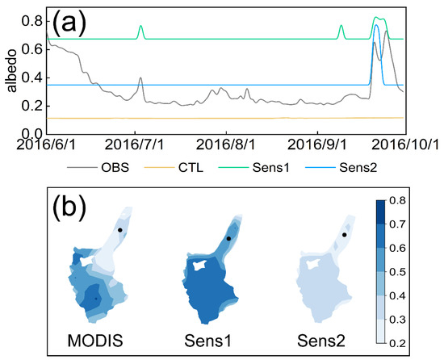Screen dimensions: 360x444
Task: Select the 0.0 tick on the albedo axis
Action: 34,134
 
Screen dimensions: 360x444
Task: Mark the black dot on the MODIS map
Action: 119,230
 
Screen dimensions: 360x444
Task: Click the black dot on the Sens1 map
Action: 229,239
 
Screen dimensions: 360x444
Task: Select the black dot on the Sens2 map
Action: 345,235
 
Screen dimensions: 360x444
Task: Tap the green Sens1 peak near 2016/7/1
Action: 141,27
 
